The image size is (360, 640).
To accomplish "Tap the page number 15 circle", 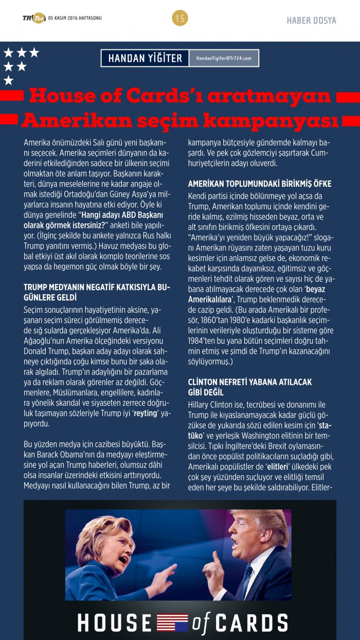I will pyautogui.click(x=180, y=19).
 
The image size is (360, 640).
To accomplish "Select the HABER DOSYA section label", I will pyautogui.click(x=311, y=21).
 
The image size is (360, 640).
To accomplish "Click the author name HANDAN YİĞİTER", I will pyautogui.click(x=145, y=58).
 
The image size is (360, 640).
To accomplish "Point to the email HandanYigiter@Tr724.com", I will pyautogui.click(x=224, y=58).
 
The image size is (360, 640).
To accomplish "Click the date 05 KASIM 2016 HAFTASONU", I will pyautogui.click(x=75, y=19).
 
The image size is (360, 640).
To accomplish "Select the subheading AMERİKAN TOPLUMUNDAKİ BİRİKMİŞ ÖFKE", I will pyautogui.click(x=260, y=184).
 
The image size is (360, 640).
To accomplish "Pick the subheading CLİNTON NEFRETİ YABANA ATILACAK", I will pyautogui.click(x=250, y=382).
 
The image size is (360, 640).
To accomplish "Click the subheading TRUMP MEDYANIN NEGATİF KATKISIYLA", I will pyautogui.click(x=97, y=286).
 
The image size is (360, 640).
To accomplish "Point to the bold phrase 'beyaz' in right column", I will pyautogui.click(x=315, y=289).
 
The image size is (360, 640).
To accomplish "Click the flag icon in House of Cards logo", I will pyautogui.click(x=172, y=622).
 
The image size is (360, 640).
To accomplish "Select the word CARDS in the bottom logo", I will pyautogui.click(x=251, y=623).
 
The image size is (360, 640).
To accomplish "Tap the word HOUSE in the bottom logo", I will pyautogui.click(x=115, y=623).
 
